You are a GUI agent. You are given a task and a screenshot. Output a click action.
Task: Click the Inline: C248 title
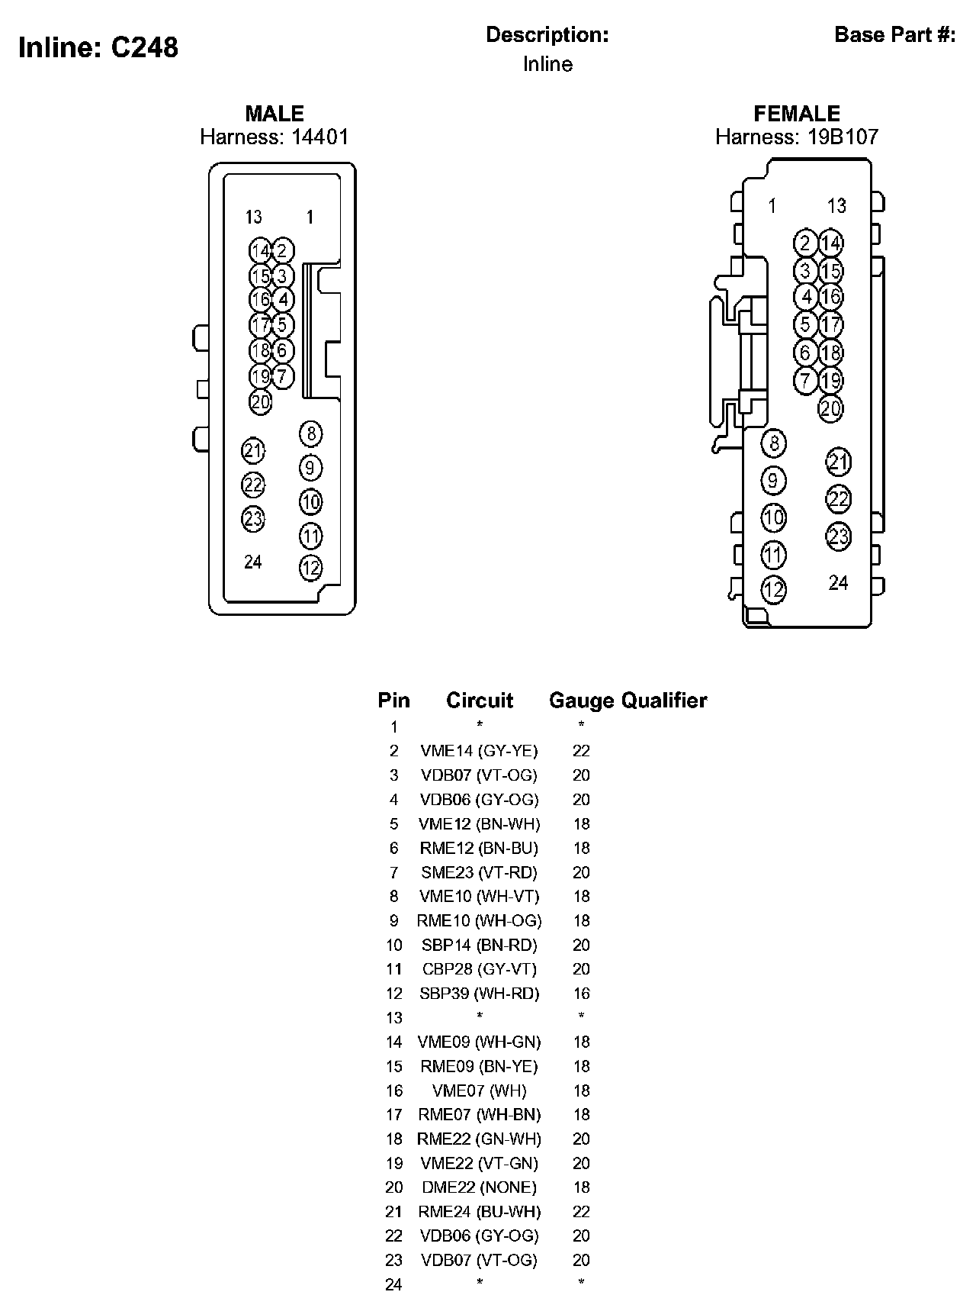tap(98, 47)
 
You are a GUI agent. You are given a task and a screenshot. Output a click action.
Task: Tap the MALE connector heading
tap(274, 114)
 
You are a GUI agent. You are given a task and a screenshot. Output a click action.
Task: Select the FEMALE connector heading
tap(797, 114)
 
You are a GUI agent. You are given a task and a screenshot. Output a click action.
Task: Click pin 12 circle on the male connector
tap(310, 568)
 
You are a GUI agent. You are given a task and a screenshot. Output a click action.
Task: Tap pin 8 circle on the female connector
tap(774, 443)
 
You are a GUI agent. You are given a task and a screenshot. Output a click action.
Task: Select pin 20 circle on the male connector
tap(261, 401)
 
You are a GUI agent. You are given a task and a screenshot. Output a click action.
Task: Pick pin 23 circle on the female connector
tap(838, 536)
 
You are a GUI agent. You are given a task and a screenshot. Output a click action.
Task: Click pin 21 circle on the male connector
tap(253, 451)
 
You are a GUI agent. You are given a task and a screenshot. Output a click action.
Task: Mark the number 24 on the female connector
tap(838, 583)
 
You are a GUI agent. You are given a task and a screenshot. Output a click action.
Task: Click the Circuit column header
tap(480, 701)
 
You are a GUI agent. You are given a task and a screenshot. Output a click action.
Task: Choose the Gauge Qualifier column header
tap(628, 701)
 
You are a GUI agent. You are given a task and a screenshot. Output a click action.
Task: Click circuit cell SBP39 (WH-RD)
tap(480, 994)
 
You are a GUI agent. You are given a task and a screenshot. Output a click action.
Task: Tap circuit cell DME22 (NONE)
tap(480, 1187)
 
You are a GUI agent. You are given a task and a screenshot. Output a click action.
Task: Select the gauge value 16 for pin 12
tap(581, 994)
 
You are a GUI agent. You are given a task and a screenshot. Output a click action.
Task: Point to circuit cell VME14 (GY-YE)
tap(480, 751)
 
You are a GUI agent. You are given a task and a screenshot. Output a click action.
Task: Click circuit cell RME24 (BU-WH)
tap(480, 1212)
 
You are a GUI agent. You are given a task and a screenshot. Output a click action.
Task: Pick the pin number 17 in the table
tap(393, 1115)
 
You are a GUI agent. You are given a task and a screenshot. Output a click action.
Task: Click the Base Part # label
tap(894, 35)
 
